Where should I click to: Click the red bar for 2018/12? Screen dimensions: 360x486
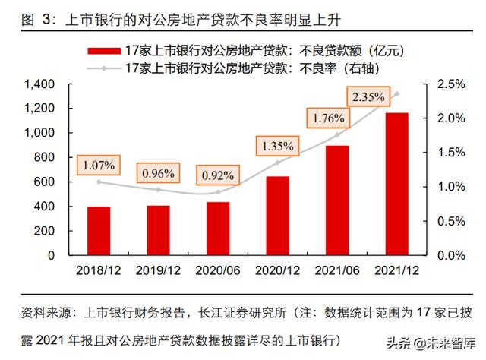tap(98, 231)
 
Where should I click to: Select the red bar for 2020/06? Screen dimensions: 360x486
tap(218, 229)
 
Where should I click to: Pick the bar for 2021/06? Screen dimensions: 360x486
tap(337, 201)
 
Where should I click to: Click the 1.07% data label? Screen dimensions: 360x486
tap(99, 164)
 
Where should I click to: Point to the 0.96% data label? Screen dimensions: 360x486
tap(158, 172)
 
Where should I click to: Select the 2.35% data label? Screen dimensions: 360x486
tap(368, 96)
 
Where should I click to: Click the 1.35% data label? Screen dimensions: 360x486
tap(276, 144)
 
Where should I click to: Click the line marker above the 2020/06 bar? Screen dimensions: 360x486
tap(218, 192)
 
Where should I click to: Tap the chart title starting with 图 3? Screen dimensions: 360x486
tap(137, 14)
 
